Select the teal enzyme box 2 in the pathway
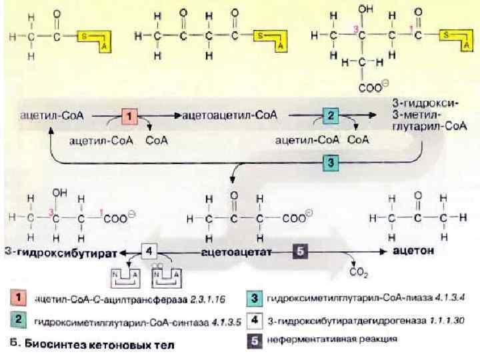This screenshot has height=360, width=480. (x=331, y=115)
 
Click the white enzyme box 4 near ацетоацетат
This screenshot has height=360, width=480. (x=150, y=252)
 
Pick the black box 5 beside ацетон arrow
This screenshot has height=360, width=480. (x=300, y=251)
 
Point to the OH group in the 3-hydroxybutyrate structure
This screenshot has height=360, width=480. (x=59, y=192)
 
